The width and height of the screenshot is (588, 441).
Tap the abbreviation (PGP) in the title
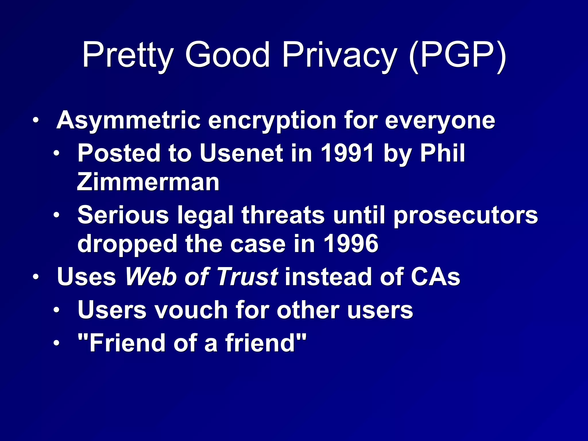458,55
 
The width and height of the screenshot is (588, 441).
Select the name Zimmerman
148,182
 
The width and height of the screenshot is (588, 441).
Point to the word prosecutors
465,215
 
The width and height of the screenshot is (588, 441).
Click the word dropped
127,244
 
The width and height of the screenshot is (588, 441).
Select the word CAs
435,277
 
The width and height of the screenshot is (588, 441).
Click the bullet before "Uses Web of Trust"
35,277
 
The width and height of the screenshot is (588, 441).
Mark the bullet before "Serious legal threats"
57,215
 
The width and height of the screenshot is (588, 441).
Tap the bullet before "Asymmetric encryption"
35,121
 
